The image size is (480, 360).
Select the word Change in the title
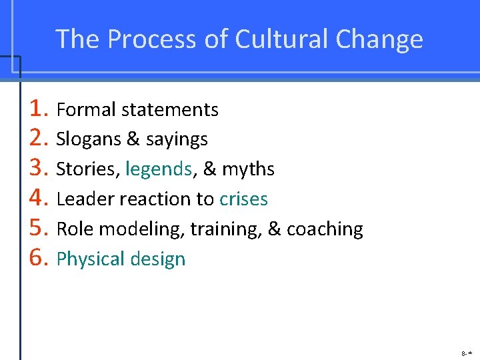379,39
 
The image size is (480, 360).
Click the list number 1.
39,108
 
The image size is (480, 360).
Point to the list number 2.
39,138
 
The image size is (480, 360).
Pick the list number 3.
39,168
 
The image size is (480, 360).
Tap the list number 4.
39,198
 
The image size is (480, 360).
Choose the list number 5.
39,228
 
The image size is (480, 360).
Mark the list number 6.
39,258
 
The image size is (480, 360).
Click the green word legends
159,169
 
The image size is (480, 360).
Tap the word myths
248,169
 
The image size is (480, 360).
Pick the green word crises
243,199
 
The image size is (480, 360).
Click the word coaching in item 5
325,229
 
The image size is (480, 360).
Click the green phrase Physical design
121,259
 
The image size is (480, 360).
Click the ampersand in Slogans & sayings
133,139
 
